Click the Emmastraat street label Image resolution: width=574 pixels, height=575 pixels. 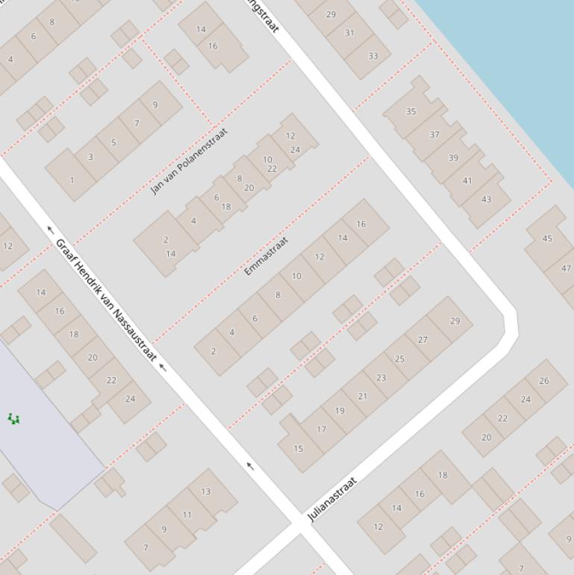pyautogui.click(x=266, y=256)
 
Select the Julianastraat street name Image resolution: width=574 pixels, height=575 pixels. pyautogui.click(x=333, y=499)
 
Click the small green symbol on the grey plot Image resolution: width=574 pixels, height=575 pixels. pyautogui.click(x=13, y=418)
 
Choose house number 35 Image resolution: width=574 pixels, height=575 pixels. pyautogui.click(x=411, y=112)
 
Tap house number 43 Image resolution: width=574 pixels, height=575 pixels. pyautogui.click(x=487, y=199)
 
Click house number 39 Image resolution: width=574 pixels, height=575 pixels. pyautogui.click(x=453, y=158)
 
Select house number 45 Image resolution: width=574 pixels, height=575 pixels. pyautogui.click(x=547, y=239)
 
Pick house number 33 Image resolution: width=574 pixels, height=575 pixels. pyautogui.click(x=372, y=55)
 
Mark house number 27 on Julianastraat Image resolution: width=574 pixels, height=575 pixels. pyautogui.click(x=422, y=340)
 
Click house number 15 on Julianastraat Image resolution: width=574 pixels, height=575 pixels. pyautogui.click(x=299, y=449)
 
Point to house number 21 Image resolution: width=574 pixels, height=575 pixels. pyautogui.click(x=362, y=397)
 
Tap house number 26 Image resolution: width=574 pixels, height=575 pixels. pyautogui.click(x=543, y=381)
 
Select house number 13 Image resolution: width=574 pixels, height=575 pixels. pyautogui.click(x=205, y=491)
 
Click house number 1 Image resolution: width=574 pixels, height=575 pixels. pyautogui.click(x=72, y=180)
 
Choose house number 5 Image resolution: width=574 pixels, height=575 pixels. pyautogui.click(x=113, y=143)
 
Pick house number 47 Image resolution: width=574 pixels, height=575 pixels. pyautogui.click(x=566, y=269)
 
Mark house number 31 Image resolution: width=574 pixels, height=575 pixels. pyautogui.click(x=350, y=33)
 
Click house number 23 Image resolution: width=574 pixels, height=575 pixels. pyautogui.click(x=381, y=378)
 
